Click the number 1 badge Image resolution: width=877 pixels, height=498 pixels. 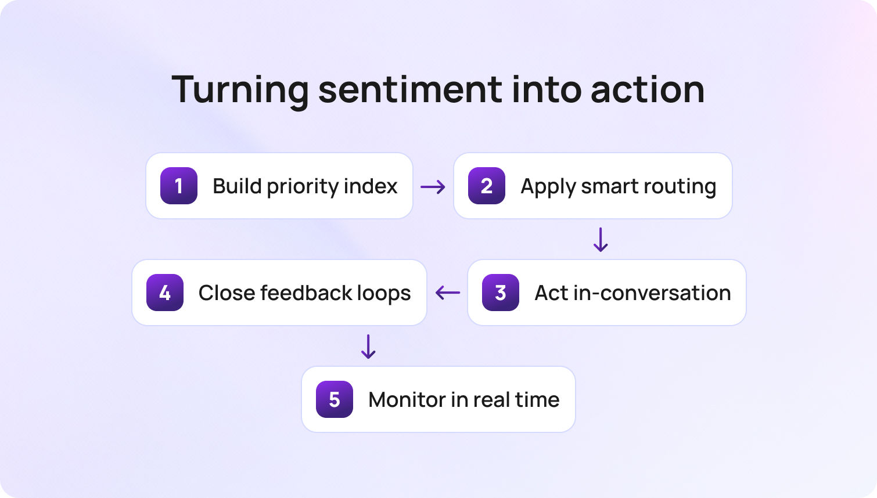179,186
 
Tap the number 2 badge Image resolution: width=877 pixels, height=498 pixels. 487,186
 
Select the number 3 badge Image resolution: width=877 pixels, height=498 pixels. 501,293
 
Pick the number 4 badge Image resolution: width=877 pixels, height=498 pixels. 165,293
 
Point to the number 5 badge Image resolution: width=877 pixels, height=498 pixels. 335,399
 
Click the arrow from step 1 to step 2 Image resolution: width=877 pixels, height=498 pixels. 433,187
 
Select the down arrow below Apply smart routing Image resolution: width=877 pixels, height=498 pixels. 601,240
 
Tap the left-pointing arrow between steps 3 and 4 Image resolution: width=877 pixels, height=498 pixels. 447,293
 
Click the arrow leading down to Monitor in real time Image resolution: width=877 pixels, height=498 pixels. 368,347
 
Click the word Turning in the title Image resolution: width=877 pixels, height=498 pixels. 240,90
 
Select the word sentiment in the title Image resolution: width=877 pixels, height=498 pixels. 410,90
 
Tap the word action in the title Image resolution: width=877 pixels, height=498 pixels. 647,90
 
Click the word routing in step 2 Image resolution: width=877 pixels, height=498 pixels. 682,187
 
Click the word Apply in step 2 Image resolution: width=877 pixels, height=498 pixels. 548,187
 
